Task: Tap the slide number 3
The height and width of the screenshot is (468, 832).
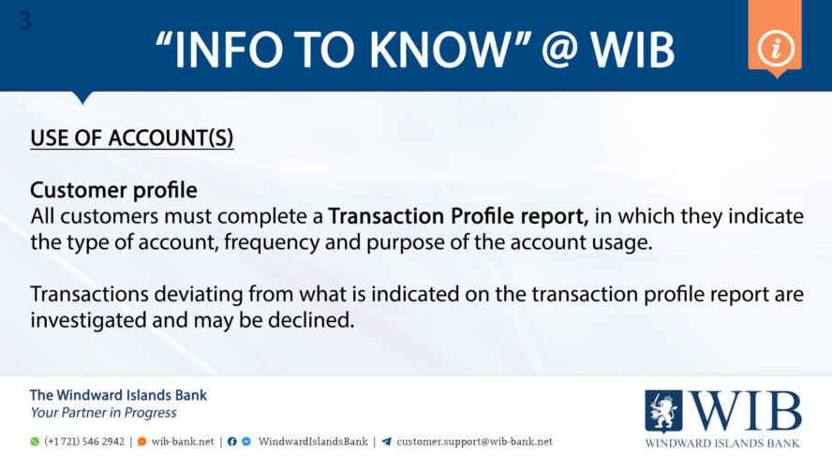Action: coord(24,21)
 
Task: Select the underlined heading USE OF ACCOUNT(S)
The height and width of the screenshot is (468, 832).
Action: coord(132,138)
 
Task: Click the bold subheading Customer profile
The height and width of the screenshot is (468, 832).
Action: coord(113,190)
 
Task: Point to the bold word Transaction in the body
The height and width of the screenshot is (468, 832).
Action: coord(386,217)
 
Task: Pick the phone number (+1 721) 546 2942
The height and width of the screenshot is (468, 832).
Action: coord(84,442)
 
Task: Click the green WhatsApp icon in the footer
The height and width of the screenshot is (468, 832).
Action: coord(35,442)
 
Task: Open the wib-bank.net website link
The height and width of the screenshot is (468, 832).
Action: coord(183,442)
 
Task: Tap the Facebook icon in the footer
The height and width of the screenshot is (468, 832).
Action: coord(231,442)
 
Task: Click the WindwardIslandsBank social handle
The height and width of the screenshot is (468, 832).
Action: coord(313,442)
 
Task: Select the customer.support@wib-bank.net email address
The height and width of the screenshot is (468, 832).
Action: coord(474,442)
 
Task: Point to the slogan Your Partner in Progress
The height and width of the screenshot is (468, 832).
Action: coord(103,413)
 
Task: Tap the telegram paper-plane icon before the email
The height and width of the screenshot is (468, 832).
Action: coord(386,442)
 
